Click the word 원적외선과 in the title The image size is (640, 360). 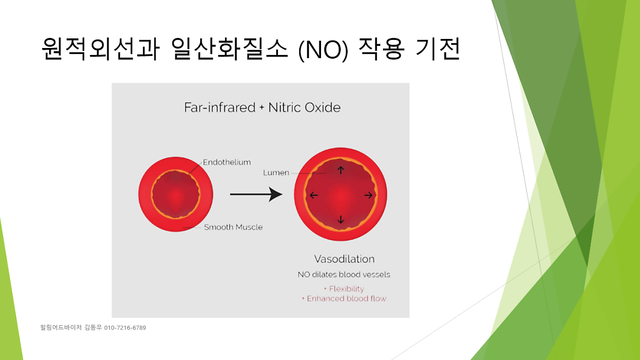tap(100, 49)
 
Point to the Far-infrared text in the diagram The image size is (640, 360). tap(220, 107)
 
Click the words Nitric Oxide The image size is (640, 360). tap(305, 107)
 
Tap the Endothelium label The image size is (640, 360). tap(227, 162)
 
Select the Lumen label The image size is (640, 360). tap(276, 173)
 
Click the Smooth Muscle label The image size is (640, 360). tap(233, 227)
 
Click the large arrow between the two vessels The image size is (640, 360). tap(256, 194)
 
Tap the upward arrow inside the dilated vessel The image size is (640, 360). tap(341, 171)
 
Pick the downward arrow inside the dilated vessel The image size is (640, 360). tap(341, 219)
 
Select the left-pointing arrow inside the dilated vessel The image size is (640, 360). tap(314, 195)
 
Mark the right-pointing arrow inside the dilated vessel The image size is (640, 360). tap(369, 195)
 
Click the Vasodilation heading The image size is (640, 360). tap(345, 259)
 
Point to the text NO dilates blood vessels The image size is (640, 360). tap(344, 275)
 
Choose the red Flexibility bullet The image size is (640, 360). tap(344, 289)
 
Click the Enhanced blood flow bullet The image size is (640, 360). tap(344, 299)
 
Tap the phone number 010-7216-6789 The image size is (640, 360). tap(125, 327)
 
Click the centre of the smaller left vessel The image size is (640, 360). tap(175, 194)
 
